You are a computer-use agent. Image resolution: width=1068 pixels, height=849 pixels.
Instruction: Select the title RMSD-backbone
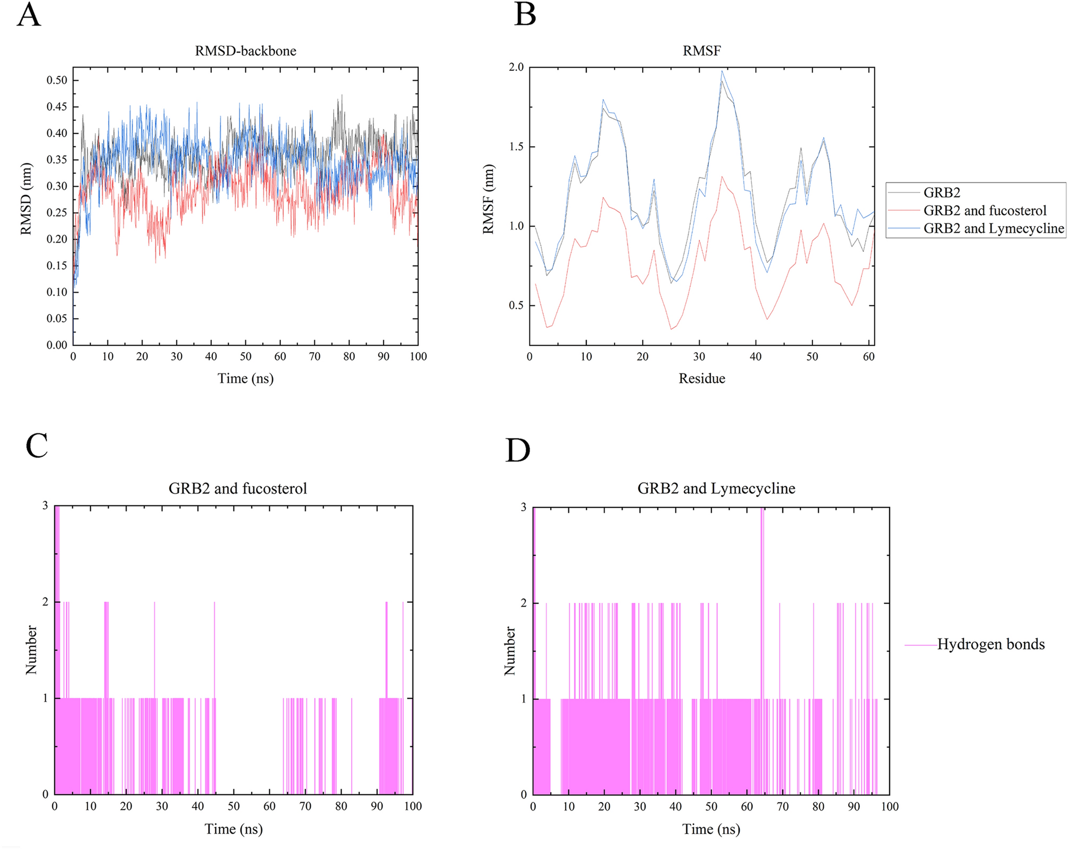click(245, 51)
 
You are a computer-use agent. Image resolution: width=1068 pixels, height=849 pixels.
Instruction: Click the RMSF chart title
click(701, 51)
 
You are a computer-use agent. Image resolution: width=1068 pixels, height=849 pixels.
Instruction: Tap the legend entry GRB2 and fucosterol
click(984, 211)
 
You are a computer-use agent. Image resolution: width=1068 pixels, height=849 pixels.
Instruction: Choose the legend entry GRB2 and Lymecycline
click(994, 228)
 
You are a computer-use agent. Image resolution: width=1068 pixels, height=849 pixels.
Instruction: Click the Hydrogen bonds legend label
click(990, 644)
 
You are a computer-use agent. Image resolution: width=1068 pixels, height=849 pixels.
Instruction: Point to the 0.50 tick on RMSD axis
click(57, 80)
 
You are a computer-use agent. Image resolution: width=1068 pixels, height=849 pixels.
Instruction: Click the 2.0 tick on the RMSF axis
click(516, 67)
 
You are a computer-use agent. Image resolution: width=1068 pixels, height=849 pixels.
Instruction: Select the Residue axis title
click(701, 378)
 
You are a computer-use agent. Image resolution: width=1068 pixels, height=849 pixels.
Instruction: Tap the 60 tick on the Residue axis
click(868, 356)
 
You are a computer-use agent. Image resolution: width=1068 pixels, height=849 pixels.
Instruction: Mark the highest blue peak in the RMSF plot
click(722, 71)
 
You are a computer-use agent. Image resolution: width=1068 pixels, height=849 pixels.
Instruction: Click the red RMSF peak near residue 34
click(722, 177)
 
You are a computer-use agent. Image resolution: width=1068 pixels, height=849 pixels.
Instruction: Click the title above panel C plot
click(237, 488)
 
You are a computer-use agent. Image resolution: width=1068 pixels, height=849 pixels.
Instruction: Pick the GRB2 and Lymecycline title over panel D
click(716, 488)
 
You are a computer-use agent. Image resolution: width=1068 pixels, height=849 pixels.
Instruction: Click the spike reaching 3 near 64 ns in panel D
click(762, 511)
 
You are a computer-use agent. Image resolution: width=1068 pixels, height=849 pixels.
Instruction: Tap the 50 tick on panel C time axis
click(234, 806)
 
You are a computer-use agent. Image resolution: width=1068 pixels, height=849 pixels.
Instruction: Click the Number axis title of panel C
click(31, 650)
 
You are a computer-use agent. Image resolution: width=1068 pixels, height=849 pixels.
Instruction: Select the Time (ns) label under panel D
click(711, 829)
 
